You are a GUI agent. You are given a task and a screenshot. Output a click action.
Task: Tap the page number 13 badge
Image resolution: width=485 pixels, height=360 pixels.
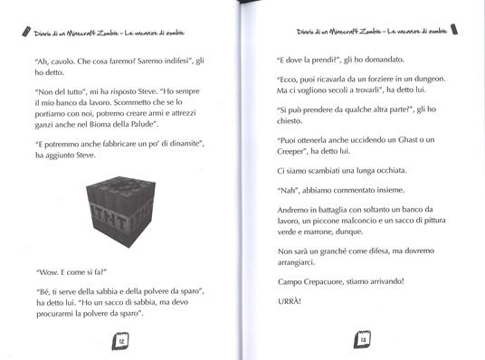(x=361, y=341)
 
